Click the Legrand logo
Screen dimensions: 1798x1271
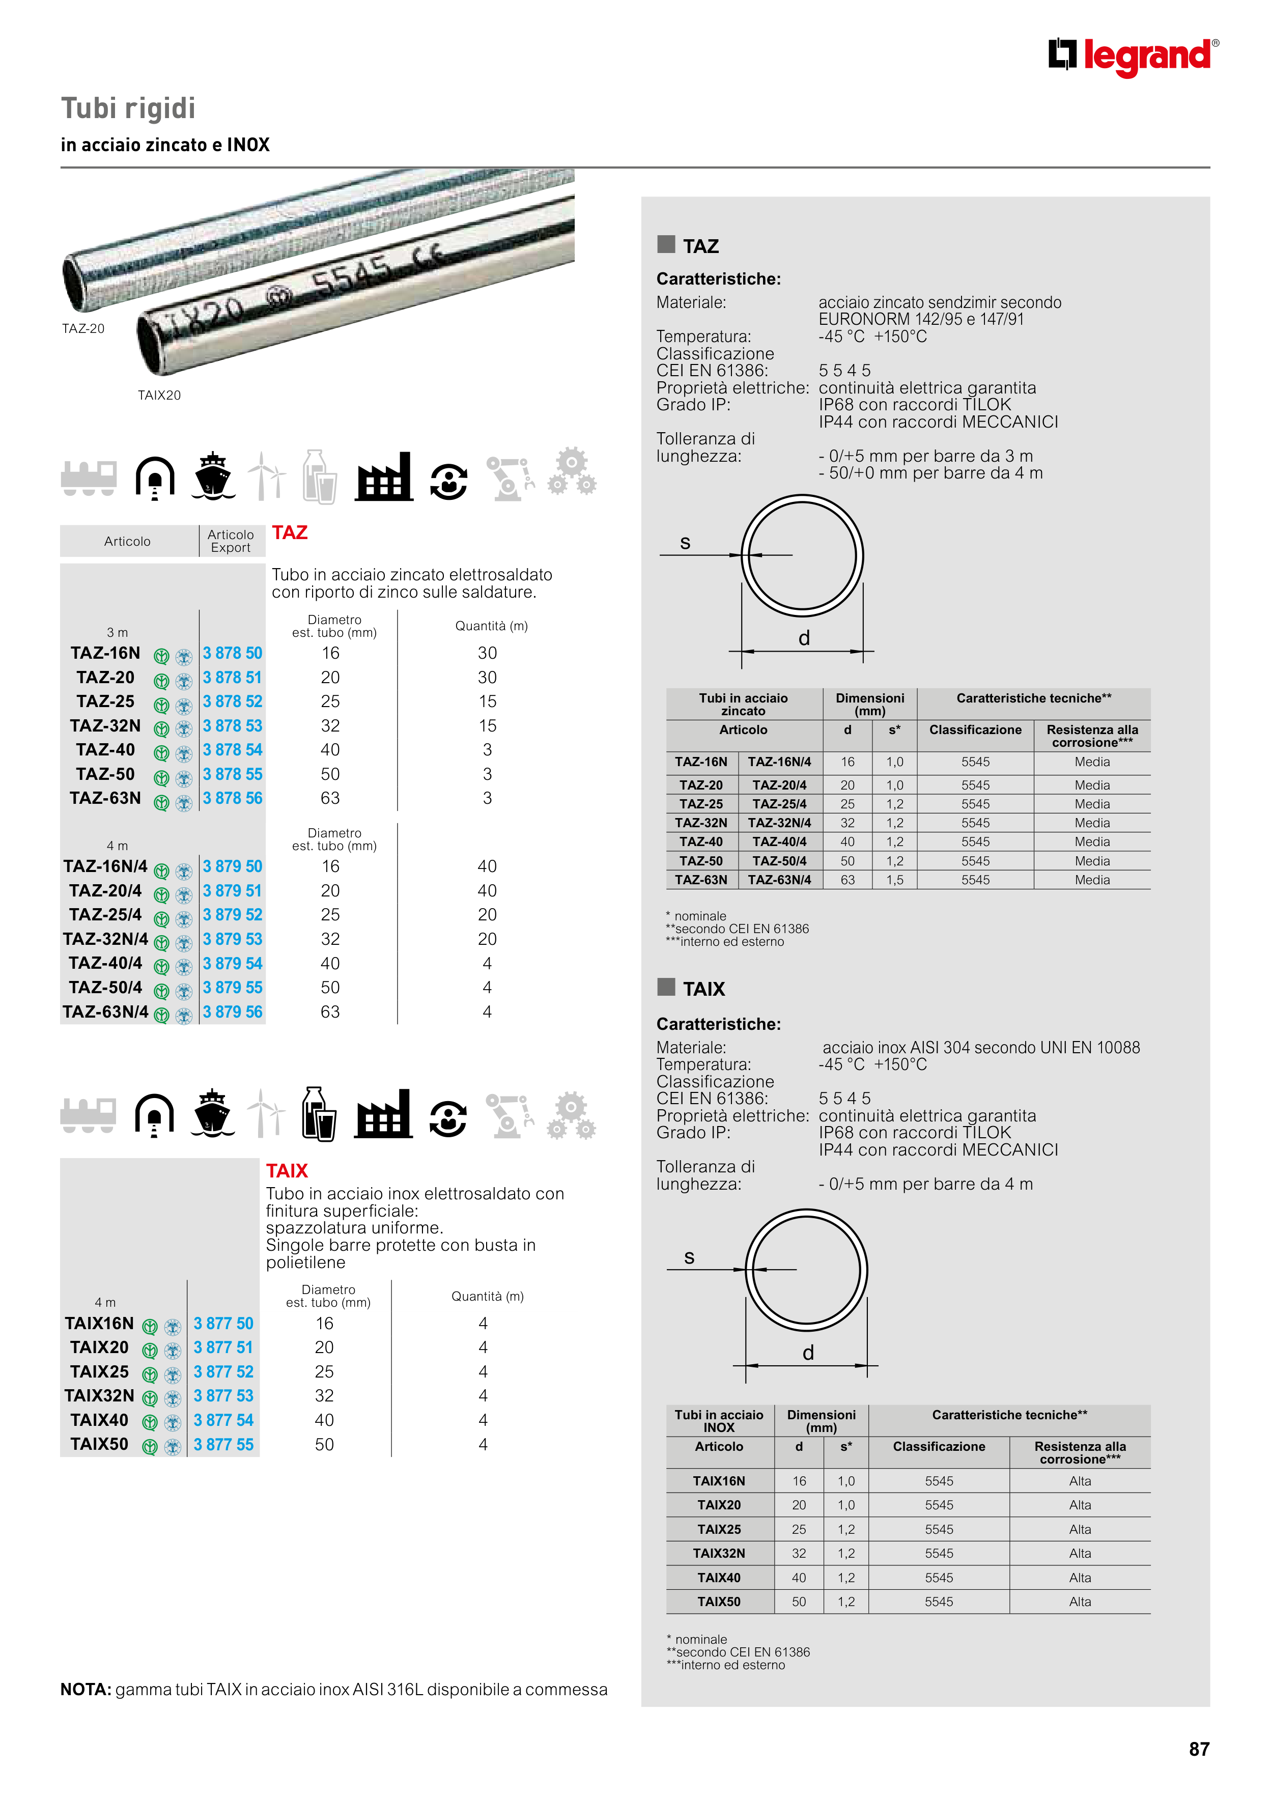[1133, 57]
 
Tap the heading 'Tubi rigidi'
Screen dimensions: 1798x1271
[128, 108]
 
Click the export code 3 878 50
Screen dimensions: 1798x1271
[233, 653]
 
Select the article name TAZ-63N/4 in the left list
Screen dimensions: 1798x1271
[106, 1012]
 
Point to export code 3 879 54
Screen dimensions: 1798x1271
[233, 963]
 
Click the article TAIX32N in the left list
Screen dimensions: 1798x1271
[99, 1395]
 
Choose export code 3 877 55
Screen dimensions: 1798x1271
[224, 1444]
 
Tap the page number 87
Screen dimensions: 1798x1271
[1199, 1749]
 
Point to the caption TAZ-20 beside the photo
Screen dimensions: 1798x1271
[83, 329]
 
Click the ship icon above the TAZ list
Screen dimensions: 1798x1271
[213, 476]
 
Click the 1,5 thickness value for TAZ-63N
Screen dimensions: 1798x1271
[894, 880]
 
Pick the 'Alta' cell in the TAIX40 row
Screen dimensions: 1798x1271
[1080, 1577]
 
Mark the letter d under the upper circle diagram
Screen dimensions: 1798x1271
[804, 639]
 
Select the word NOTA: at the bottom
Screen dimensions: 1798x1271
[86, 1689]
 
